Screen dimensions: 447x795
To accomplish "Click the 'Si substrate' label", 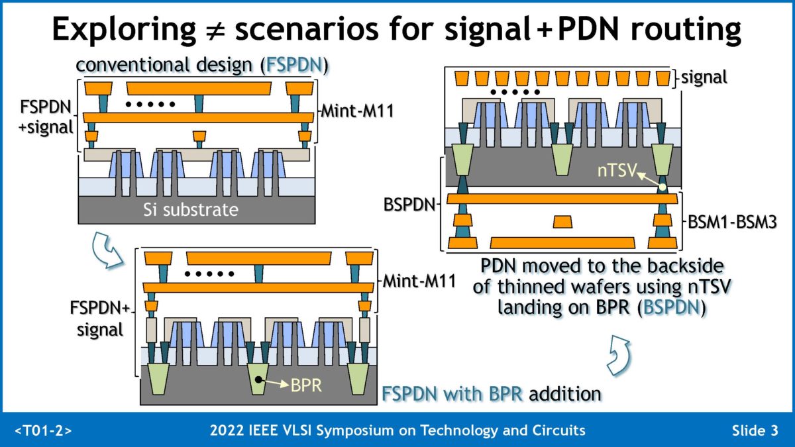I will pos(191,211).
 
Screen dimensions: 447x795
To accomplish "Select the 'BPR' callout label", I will pos(305,385).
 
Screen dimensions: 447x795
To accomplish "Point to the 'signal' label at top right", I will pos(704,77).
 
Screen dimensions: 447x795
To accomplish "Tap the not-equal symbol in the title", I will pos(213,30).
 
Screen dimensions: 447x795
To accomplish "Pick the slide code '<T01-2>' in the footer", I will pos(43,431).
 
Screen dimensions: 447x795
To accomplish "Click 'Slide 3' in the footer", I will pos(755,431).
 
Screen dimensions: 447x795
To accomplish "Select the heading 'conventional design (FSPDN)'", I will pos(203,66).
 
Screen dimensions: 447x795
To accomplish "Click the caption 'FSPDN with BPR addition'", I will pos(492,394).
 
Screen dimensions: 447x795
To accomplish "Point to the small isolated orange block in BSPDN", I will pos(562,221).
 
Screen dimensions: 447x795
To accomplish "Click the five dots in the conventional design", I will pos(152,103).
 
